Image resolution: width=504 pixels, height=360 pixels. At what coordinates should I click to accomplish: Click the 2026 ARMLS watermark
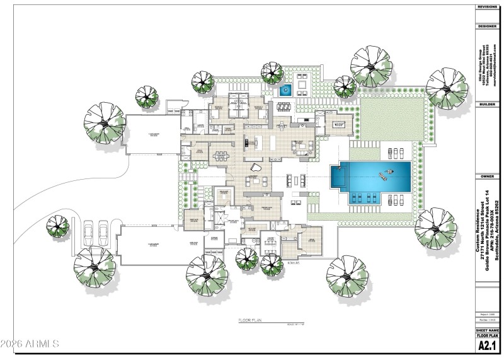(30, 344)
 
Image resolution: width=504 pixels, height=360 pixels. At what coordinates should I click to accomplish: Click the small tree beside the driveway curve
(58, 224)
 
